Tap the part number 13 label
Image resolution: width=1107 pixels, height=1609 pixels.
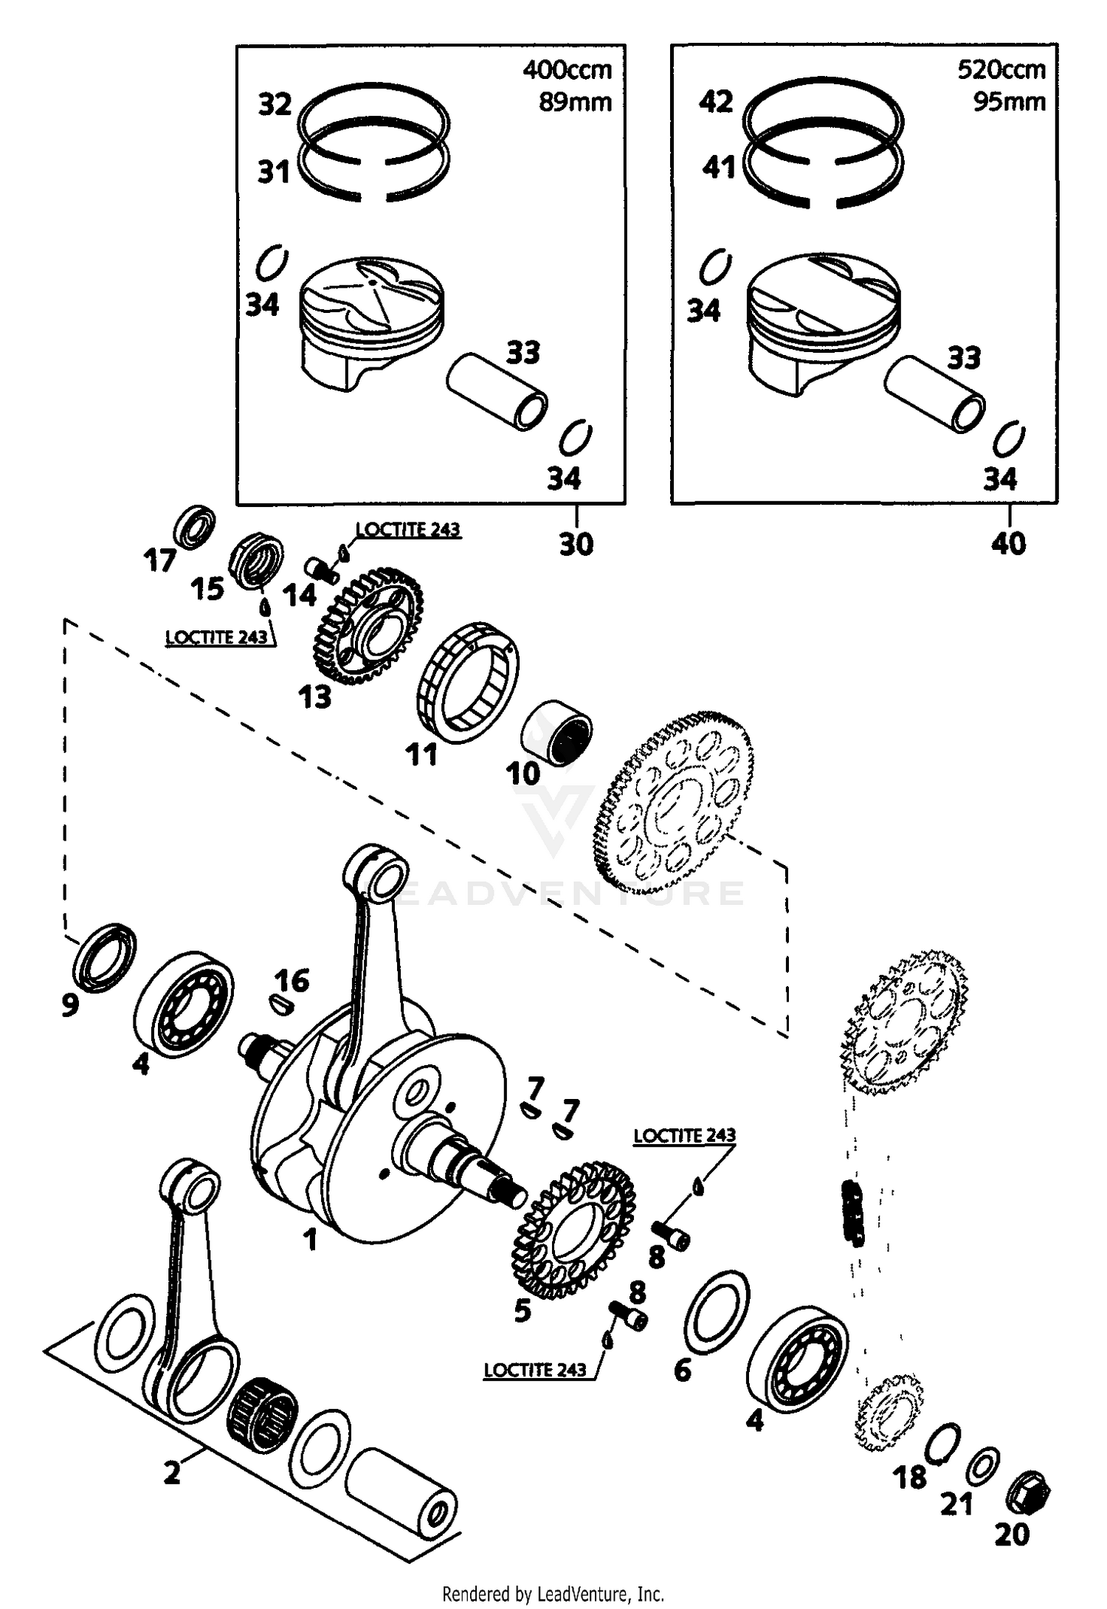315,697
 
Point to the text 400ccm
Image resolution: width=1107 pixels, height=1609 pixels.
567,70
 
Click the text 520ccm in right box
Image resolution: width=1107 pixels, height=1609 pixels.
1001,70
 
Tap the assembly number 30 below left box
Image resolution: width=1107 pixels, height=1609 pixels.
576,545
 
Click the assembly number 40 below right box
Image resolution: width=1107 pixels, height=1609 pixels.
1008,545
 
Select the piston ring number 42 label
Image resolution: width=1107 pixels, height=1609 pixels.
716,102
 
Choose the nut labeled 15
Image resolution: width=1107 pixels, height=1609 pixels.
259,562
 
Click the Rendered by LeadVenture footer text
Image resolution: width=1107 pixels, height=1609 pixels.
553,1594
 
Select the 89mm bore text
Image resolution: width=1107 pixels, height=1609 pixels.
575,101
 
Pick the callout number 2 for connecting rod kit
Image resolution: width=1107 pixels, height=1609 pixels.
171,1472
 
